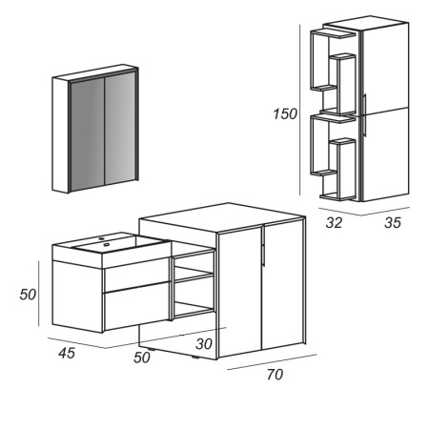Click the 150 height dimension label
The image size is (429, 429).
[286, 113]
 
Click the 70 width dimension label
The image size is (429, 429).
[275, 375]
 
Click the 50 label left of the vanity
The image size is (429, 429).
[29, 295]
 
